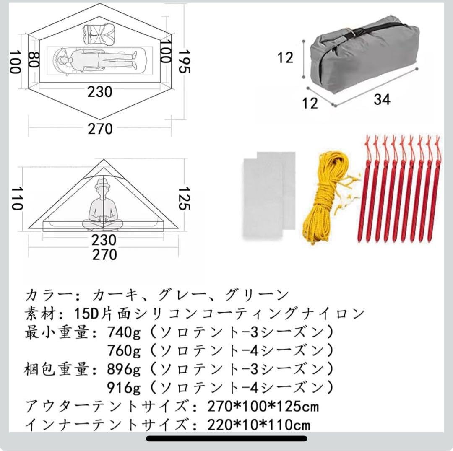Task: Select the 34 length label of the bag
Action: click(x=382, y=99)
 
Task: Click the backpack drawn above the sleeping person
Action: click(x=99, y=34)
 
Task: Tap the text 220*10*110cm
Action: click(x=259, y=424)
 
